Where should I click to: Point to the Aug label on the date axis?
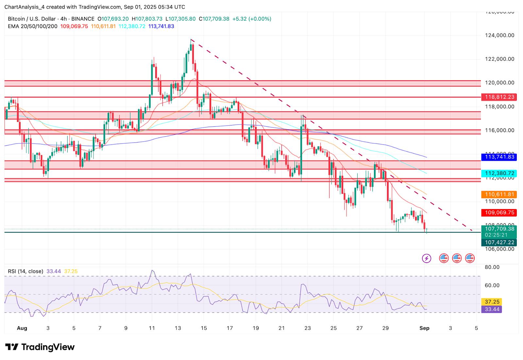click(22, 328)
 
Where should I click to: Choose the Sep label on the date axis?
click(424, 328)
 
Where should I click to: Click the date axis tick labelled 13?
click(178, 328)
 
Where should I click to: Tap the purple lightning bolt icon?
click(426, 259)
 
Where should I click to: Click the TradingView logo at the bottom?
click(40, 347)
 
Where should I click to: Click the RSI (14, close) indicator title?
click(25, 271)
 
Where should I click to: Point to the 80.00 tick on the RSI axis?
click(492, 267)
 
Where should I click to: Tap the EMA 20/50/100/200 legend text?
click(32, 26)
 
